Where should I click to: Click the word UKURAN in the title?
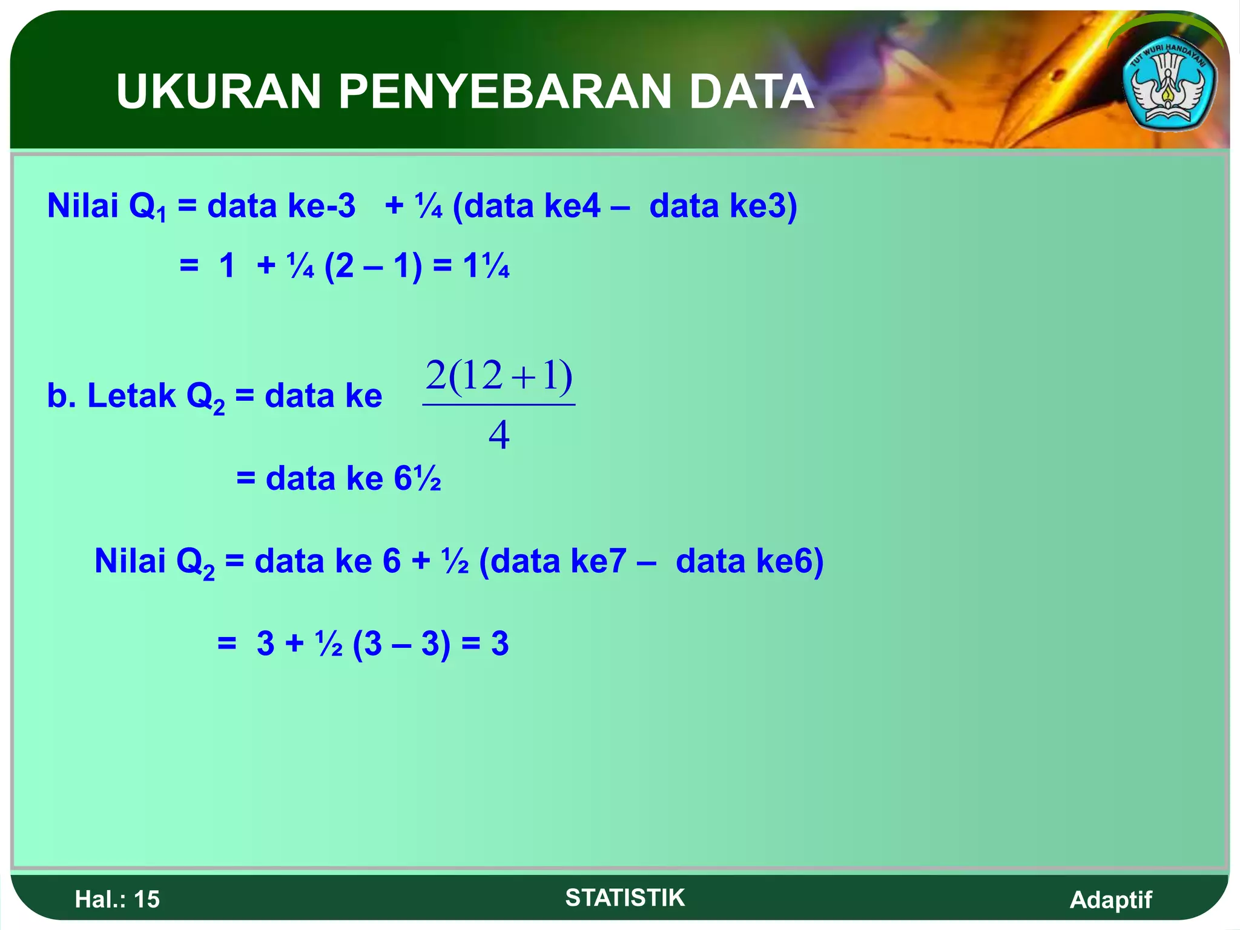pos(218,91)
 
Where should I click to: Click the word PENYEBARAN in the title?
pos(504,91)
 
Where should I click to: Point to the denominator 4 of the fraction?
pos(499,435)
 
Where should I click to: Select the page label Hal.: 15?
pos(117,899)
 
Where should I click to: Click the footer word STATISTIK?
pos(625,897)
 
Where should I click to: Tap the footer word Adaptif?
pos(1110,899)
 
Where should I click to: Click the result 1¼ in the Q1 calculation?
pos(486,266)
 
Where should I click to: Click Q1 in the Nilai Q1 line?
pos(147,208)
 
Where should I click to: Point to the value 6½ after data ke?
pos(417,478)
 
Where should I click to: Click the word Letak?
pos(131,396)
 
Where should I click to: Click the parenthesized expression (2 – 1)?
pos(373,266)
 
